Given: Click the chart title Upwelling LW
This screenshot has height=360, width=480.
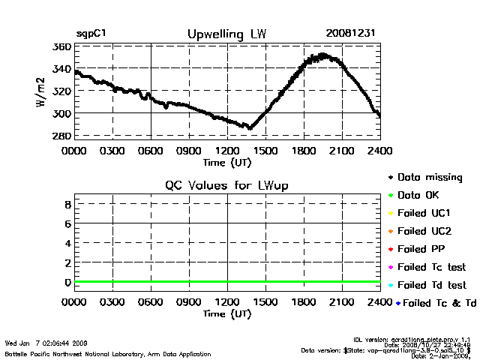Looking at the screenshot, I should click(x=226, y=34).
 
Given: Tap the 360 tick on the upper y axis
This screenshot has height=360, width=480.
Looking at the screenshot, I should click(x=62, y=46).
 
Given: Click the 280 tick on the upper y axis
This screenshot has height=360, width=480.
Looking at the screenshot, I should click(x=62, y=136).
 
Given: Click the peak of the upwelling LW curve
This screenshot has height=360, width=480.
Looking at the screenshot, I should click(x=322, y=55).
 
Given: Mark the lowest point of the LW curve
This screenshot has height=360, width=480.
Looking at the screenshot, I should click(x=250, y=128).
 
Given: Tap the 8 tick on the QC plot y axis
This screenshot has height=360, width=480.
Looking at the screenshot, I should click(x=67, y=204).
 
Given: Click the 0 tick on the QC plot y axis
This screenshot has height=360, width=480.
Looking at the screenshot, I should click(x=67, y=282).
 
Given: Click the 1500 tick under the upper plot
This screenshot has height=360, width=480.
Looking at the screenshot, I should click(x=264, y=150).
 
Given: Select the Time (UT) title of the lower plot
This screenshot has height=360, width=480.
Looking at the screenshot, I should click(x=226, y=313).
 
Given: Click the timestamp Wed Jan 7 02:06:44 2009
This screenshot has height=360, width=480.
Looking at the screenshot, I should click(x=46, y=343).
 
